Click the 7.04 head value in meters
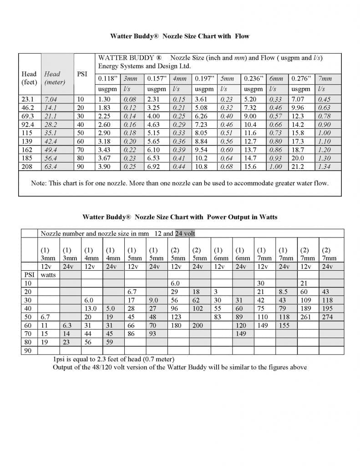click(51, 99)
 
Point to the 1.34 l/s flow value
click(324, 167)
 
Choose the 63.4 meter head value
click(51, 167)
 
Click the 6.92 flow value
click(155, 167)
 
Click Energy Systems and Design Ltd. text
click(145, 66)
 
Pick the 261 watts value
click(306, 317)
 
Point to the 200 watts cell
click(197, 325)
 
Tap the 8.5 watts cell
click(283, 292)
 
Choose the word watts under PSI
click(48, 275)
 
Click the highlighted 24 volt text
click(185, 233)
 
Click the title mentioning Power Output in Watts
click(180, 217)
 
